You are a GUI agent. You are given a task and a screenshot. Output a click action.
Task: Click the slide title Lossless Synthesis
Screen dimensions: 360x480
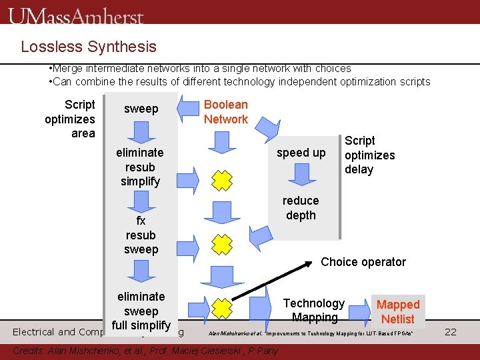[89, 47]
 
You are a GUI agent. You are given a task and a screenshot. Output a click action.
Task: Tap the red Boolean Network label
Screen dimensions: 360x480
[225, 112]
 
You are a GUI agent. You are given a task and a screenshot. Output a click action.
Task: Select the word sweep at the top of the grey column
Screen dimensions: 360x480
[141, 109]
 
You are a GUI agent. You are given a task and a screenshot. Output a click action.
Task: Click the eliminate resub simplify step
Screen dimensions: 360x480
[140, 167]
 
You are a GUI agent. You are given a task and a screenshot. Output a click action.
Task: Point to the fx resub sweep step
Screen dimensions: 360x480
[141, 235]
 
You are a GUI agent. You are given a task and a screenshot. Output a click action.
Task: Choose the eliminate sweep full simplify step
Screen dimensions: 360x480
[141, 311]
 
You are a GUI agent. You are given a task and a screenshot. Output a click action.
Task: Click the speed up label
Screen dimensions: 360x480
[301, 153]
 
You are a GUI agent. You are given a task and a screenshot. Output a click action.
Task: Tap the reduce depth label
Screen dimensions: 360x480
[301, 208]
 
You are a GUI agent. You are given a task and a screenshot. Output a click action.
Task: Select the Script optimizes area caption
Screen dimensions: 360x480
[71, 119]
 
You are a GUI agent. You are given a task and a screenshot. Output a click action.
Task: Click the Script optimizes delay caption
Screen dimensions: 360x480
[369, 155]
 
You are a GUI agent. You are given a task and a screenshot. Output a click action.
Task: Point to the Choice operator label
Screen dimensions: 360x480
[363, 262]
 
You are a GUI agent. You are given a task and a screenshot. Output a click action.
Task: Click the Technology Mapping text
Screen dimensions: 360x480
[314, 311]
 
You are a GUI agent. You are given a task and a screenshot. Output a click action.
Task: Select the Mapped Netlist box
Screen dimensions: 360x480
[398, 312]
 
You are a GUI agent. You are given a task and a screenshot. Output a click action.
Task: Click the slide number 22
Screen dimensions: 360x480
[450, 331]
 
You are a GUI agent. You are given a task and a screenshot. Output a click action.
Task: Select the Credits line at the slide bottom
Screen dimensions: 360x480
[147, 351]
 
